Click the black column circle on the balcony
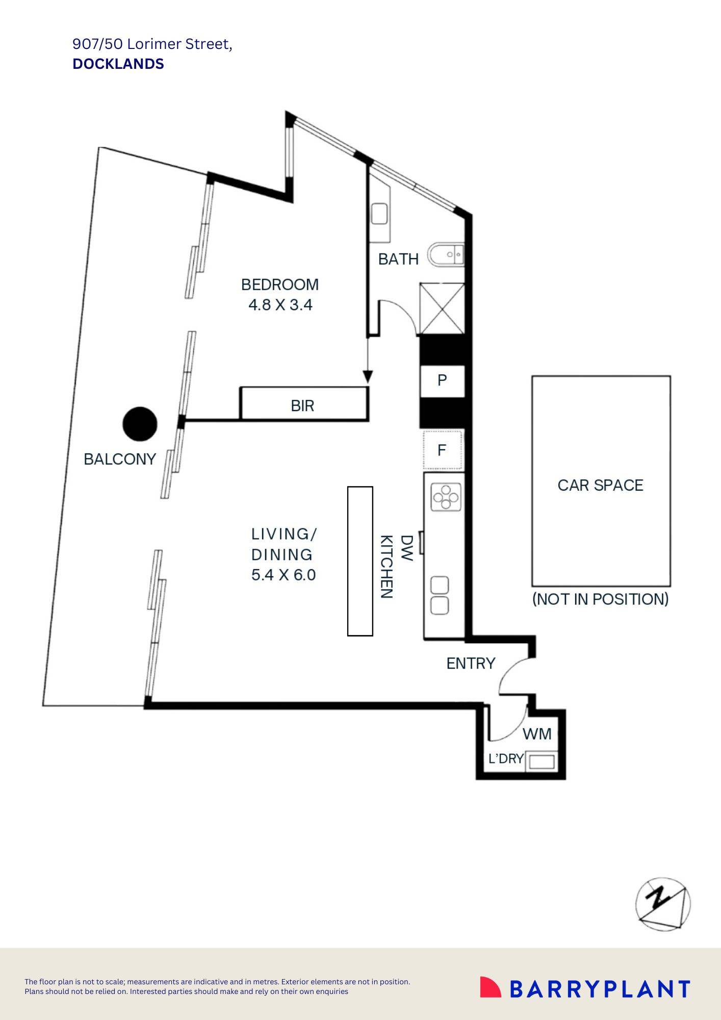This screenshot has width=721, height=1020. coord(140,424)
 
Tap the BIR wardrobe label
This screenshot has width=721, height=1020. coord(302,406)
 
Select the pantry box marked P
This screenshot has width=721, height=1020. coord(442,380)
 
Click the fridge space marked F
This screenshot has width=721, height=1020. coord(442,450)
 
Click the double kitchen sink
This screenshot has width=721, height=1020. coord(440,595)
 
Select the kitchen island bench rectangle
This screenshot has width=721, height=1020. coord(360,561)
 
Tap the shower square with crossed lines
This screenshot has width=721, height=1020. coord(442,309)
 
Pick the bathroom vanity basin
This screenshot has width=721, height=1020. coord(379,214)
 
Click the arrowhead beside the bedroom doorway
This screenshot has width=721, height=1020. coord(367,377)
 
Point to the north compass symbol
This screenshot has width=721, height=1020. coord(663,904)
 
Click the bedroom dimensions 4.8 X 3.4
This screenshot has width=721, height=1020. coord(280,305)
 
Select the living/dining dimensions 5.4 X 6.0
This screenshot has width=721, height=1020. coord(284,575)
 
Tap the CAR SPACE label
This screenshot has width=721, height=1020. coord(600,485)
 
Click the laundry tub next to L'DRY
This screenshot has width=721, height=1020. coord(542,762)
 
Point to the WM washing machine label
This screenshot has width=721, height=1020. coord(537,734)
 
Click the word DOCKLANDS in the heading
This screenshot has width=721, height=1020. coord(118,64)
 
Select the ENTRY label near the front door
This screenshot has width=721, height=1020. coord(471,663)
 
